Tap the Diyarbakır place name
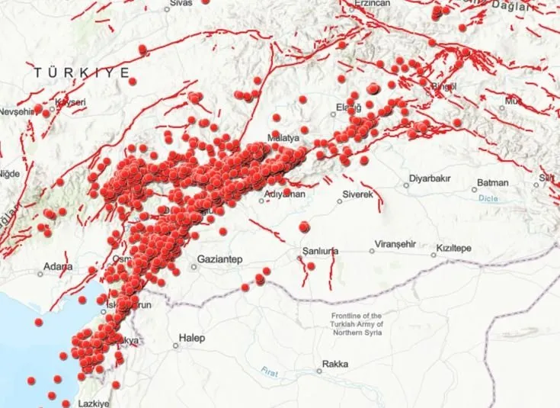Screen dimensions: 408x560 click(x=432, y=180)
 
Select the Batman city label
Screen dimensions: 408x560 click(x=493, y=183)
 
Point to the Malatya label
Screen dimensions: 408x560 click(x=282, y=139)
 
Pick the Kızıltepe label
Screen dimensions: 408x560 click(x=455, y=249)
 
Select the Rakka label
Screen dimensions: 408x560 click(x=335, y=364)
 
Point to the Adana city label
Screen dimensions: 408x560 click(x=58, y=267)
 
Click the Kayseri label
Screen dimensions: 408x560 click(x=69, y=102)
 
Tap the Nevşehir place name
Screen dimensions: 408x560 click(x=18, y=111)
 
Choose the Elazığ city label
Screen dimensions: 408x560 click(x=348, y=108)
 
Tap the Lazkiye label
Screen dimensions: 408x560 click(x=95, y=403)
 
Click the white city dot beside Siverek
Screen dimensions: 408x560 click(x=341, y=202)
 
